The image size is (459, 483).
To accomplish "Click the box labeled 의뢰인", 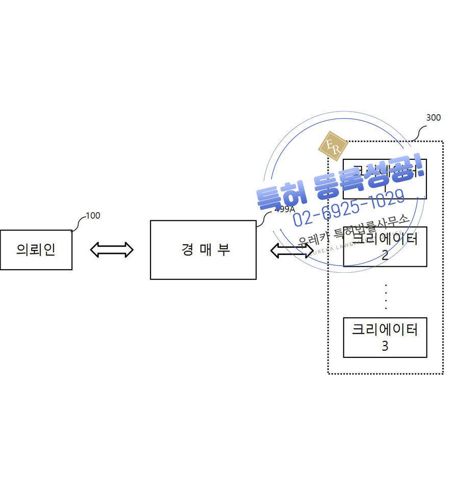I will click(36, 250).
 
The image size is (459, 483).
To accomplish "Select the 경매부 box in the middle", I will click(203, 250).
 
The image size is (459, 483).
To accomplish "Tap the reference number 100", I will click(93, 216).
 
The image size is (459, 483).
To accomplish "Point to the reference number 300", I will click(433, 118).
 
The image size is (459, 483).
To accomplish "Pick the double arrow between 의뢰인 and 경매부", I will click(111, 249).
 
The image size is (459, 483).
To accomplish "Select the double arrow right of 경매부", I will click(291, 250).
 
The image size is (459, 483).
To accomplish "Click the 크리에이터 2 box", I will click(385, 247).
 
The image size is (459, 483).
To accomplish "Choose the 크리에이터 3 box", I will click(385, 337).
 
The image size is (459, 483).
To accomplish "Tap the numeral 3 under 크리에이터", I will click(385, 346).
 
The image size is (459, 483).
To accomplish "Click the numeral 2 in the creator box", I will click(385, 255).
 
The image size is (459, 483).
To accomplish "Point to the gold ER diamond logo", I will click(333, 146).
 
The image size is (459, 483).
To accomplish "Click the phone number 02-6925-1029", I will click(349, 208).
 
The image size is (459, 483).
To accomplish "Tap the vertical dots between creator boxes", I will click(386, 297).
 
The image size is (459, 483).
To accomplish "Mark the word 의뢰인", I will click(36, 250).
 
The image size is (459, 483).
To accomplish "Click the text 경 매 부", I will click(205, 250).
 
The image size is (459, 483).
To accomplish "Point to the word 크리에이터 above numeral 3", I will click(385, 329).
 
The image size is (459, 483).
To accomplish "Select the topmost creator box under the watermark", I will click(385, 179).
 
